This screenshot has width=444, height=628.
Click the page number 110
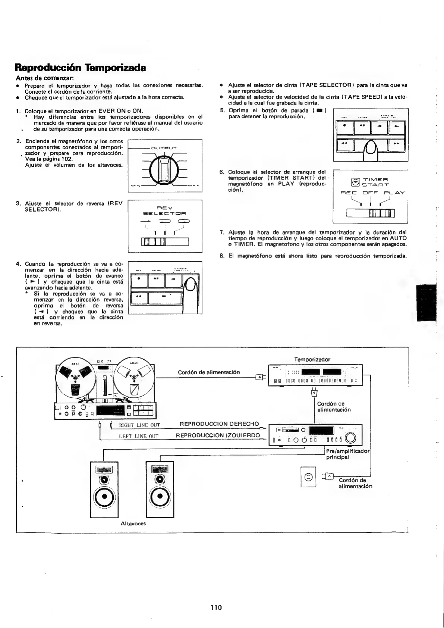click(x=216, y=607)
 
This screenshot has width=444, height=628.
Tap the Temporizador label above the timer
click(x=312, y=359)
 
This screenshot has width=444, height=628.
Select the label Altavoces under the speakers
click(x=133, y=523)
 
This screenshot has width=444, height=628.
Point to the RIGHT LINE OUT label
click(x=139, y=425)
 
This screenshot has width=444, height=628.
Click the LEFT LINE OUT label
click(x=139, y=436)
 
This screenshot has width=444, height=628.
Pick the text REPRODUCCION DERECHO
click(x=219, y=424)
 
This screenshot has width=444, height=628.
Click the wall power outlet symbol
click(x=308, y=477)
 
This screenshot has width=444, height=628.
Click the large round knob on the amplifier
click(x=352, y=438)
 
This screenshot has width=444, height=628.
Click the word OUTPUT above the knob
click(x=164, y=148)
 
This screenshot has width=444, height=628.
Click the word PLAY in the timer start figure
click(x=394, y=193)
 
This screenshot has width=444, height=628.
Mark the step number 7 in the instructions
click(x=222, y=232)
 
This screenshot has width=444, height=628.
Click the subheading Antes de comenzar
click(x=45, y=78)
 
